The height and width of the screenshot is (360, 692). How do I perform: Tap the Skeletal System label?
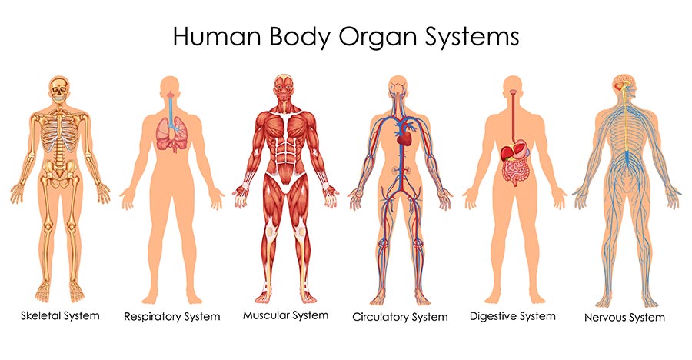click(60, 316)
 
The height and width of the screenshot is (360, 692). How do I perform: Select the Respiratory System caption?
click(171, 317)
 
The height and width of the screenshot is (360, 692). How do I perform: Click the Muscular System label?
click(285, 316)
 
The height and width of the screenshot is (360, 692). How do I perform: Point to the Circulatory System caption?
click(400, 318)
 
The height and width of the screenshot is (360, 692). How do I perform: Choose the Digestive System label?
click(512, 317)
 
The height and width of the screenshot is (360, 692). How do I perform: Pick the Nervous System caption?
click(624, 318)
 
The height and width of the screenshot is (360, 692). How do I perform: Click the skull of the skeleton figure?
click(59, 90)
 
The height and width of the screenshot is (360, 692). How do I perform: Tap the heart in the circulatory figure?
click(404, 138)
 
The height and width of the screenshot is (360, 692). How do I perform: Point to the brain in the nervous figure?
click(622, 83)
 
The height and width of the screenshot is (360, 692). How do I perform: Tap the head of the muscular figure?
click(284, 88)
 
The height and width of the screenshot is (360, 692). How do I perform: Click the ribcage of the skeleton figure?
click(60, 132)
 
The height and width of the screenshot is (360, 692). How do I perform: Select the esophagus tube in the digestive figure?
click(513, 116)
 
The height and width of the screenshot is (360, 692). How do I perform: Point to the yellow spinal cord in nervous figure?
click(626, 122)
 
